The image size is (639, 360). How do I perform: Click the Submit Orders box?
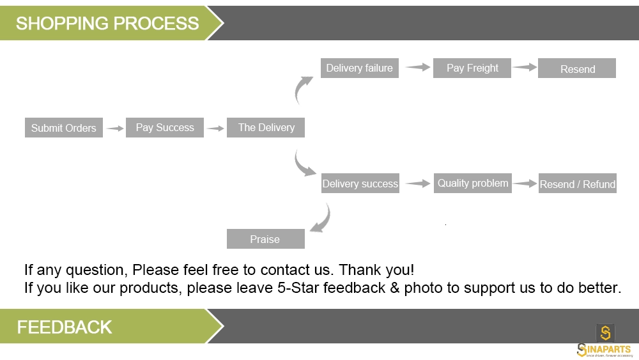[x=63, y=128]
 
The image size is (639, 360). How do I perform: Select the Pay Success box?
[x=165, y=128]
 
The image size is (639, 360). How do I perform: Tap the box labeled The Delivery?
[x=266, y=128]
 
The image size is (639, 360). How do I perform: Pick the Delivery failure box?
[x=359, y=68]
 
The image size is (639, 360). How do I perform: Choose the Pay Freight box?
[x=472, y=68]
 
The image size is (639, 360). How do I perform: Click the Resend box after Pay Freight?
[x=577, y=68]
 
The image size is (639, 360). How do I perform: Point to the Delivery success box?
[x=360, y=183]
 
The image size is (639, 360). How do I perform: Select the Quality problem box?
[x=473, y=183]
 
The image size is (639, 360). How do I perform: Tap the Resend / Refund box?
[x=578, y=183]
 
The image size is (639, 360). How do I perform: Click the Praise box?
[x=266, y=239]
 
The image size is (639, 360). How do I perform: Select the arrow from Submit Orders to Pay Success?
[x=115, y=129]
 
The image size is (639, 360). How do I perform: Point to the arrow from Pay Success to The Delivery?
[x=215, y=129]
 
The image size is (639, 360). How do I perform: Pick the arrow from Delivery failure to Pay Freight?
[x=418, y=67]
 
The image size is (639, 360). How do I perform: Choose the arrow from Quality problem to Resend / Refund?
[x=525, y=184]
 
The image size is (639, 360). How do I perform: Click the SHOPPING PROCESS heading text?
[x=107, y=23]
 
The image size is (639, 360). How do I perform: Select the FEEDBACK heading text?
[x=65, y=327]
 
